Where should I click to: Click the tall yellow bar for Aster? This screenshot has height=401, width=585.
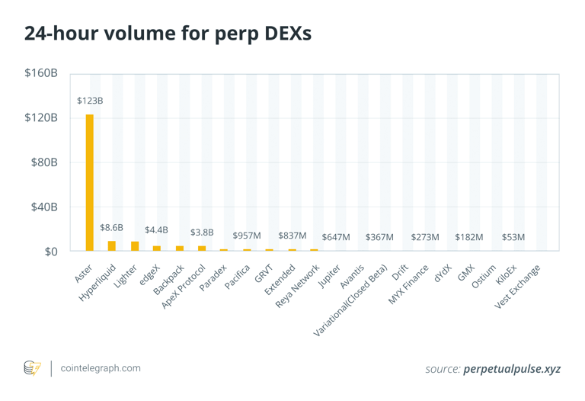pos(89,183)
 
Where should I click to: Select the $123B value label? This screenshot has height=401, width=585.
pos(90,101)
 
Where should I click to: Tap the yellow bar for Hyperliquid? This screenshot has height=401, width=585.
pos(112,245)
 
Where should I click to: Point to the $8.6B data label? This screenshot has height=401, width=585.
pos(111,227)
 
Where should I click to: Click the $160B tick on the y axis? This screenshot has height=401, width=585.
pos(41,73)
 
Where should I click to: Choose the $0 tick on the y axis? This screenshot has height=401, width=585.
pos(50,251)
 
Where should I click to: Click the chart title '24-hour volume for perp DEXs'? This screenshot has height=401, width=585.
pos(168,34)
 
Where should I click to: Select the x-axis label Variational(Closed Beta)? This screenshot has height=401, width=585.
pos(351,300)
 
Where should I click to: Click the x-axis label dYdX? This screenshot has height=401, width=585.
pos(443,274)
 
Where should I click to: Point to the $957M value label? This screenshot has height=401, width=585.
pos(247,236)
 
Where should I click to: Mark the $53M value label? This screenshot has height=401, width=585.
pos(513,237)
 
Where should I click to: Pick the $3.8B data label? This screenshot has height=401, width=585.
pos(202,232)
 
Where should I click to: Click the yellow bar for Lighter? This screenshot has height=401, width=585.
pos(135,245)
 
